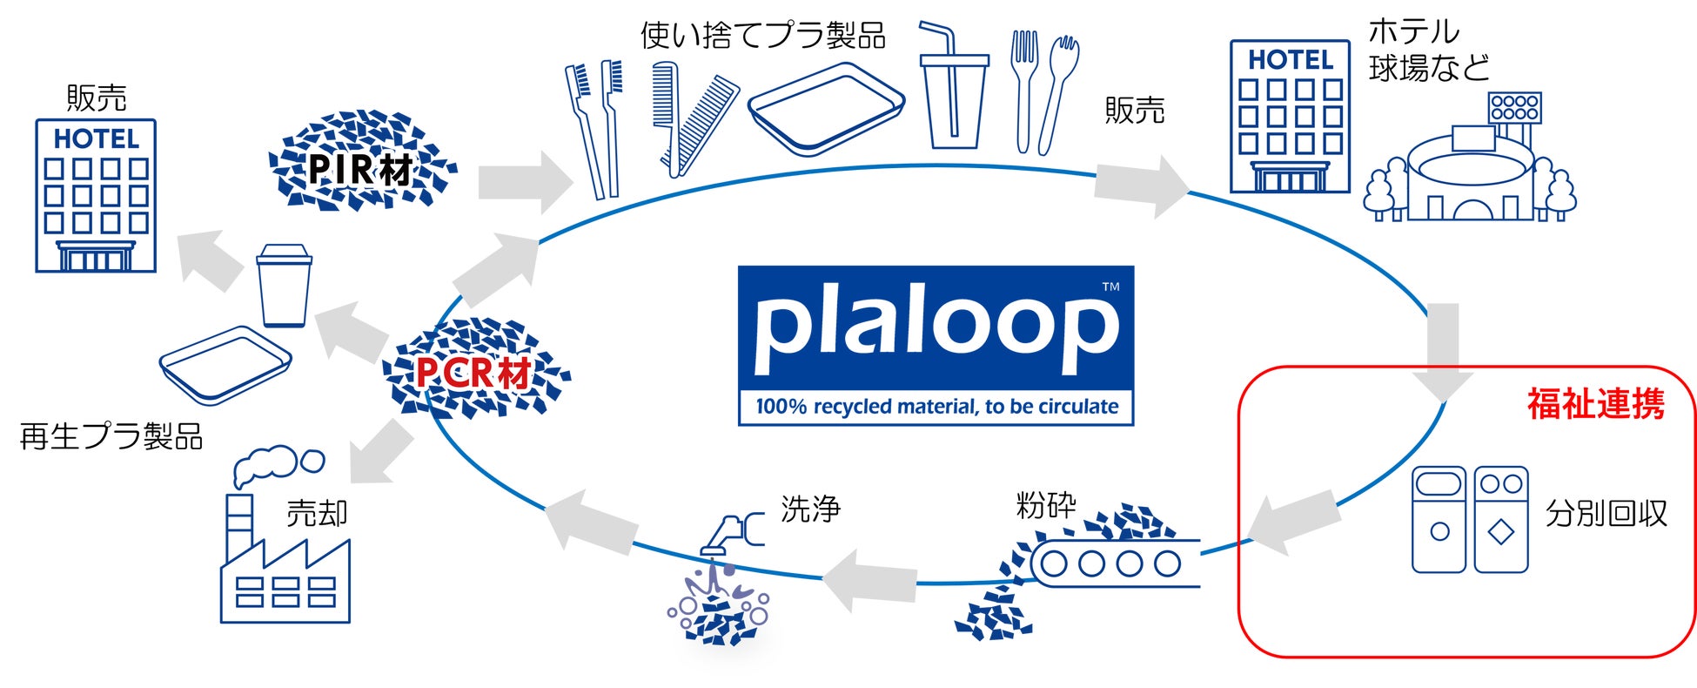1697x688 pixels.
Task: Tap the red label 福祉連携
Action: (x=1595, y=405)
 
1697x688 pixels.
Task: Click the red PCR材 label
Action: (x=473, y=374)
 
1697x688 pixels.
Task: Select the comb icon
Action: (x=694, y=118)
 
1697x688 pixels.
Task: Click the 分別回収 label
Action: (x=1606, y=514)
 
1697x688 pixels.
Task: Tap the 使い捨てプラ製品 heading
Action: (x=762, y=36)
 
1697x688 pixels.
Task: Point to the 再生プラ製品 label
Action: (x=111, y=436)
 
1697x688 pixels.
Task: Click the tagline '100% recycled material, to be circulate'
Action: (x=936, y=407)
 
